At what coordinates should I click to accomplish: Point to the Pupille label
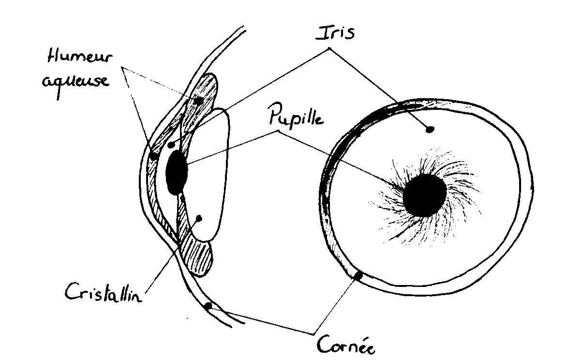click(295, 118)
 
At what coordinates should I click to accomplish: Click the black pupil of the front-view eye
click(424, 195)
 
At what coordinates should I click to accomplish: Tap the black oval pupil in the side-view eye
click(176, 172)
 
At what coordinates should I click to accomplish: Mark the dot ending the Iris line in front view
click(429, 129)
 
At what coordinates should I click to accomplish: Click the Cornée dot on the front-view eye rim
click(358, 276)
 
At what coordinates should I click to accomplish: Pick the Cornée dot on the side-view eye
click(209, 306)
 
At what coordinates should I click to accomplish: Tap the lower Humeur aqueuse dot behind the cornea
click(154, 156)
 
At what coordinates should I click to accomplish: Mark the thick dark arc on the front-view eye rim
click(339, 145)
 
